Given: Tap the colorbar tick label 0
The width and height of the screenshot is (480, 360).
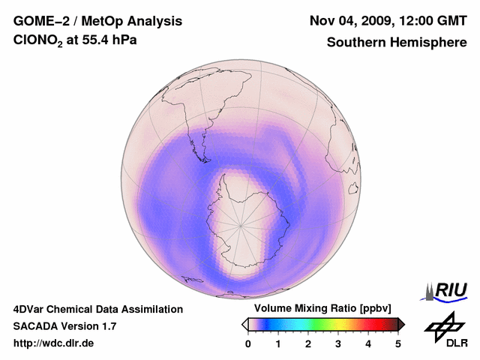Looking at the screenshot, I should coord(248,343).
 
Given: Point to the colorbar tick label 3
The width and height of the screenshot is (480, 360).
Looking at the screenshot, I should coord(338,343).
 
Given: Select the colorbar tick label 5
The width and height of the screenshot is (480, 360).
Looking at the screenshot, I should coord(398,343).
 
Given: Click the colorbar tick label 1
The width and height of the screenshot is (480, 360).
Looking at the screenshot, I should coord(278,343).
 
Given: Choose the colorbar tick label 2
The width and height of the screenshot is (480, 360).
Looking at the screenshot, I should coord(308,343).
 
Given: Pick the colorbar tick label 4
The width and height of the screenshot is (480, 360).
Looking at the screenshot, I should coord(368,343).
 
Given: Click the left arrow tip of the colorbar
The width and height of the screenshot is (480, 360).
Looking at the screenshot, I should coord(244,324).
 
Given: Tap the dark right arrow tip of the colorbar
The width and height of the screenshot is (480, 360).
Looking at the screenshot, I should coord(402,324).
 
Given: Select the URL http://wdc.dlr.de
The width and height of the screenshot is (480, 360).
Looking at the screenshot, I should coord(53,343).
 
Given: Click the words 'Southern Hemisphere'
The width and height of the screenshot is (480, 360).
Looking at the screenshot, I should coord(396,43).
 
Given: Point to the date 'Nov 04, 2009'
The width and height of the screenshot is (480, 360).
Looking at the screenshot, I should coord(353,20).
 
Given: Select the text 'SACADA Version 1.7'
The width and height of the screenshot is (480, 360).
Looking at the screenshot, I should coord(64,326).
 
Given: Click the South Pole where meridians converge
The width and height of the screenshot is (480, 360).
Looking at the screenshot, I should coord(241,226).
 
